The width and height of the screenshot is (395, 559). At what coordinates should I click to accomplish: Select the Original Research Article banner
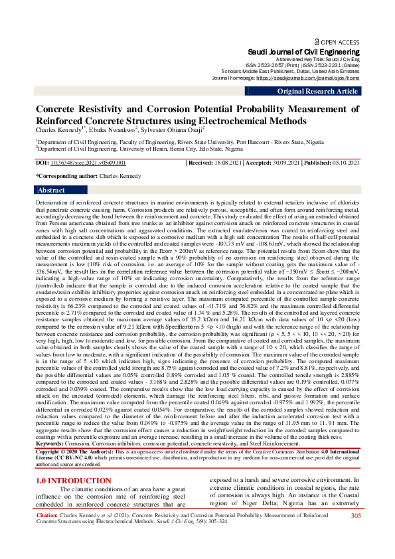pos(318,91)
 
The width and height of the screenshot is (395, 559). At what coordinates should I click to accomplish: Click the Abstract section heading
pos(52,190)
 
